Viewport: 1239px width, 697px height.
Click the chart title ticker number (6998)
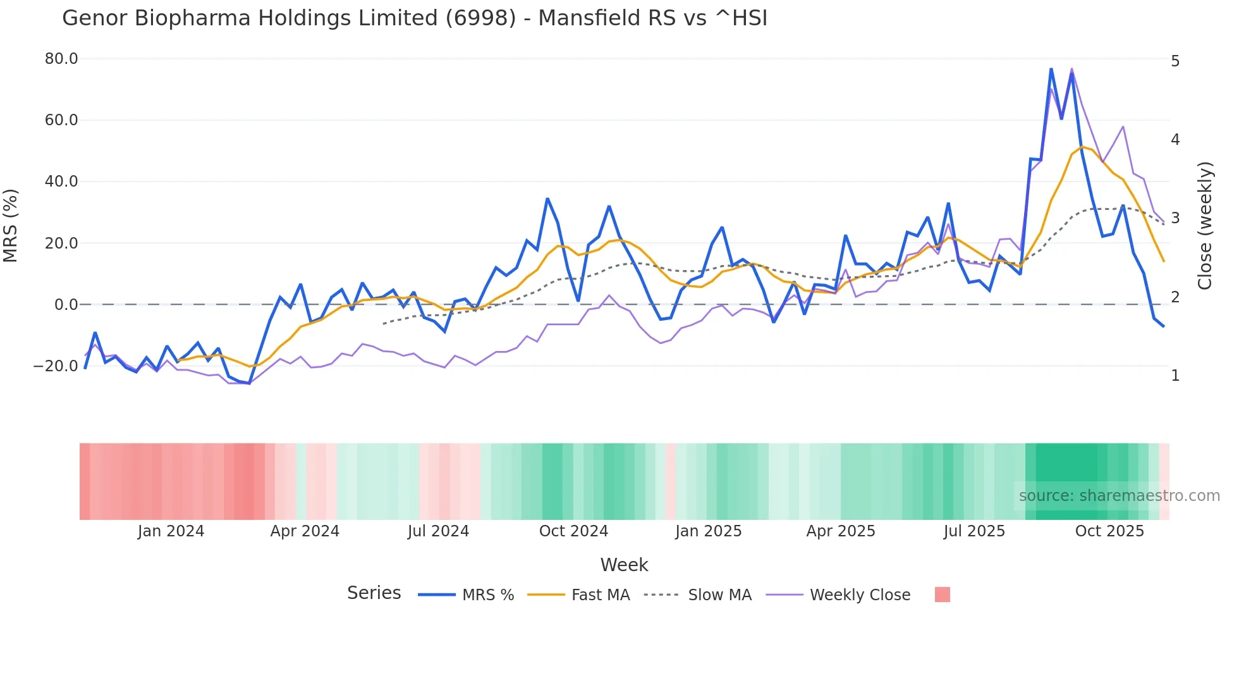(x=480, y=18)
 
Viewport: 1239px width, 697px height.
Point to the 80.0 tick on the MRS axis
(x=61, y=59)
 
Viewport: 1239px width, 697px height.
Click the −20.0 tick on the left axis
(x=56, y=366)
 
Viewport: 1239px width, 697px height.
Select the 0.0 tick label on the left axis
(x=66, y=305)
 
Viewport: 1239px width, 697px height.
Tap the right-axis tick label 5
(x=1175, y=61)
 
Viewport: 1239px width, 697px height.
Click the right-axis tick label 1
(x=1175, y=376)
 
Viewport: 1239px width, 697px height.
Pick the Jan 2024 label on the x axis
(x=171, y=531)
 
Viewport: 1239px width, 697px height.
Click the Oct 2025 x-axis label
(x=1109, y=531)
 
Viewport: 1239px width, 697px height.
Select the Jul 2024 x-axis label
(x=438, y=531)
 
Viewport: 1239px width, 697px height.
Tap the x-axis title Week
(x=624, y=565)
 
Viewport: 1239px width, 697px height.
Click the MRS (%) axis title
(x=11, y=226)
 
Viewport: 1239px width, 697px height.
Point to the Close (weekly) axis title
(x=1205, y=226)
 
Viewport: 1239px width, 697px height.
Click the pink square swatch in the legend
(x=942, y=595)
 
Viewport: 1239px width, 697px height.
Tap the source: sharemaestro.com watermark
(x=1119, y=496)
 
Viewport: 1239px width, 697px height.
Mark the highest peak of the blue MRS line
(x=1051, y=69)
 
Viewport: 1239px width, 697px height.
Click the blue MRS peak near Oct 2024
(x=547, y=199)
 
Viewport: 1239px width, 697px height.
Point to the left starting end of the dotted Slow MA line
(x=384, y=324)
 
